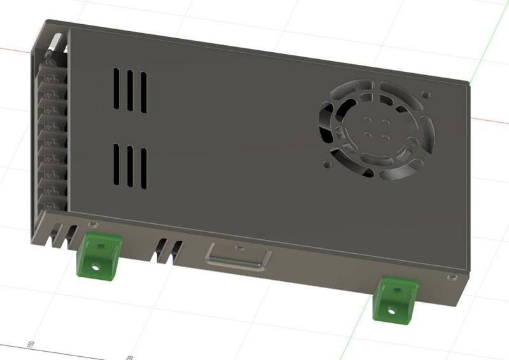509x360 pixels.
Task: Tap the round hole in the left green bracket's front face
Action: [x=97, y=267]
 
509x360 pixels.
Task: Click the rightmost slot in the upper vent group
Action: [x=144, y=92]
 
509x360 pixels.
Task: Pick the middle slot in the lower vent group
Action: [x=130, y=167]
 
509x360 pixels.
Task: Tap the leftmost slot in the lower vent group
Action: [x=117, y=163]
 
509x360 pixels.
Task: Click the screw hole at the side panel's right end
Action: [x=451, y=278]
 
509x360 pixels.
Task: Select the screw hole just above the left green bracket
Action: [x=94, y=225]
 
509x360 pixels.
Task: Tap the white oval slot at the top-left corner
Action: [x=57, y=43]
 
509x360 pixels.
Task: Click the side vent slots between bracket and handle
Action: [x=168, y=251]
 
